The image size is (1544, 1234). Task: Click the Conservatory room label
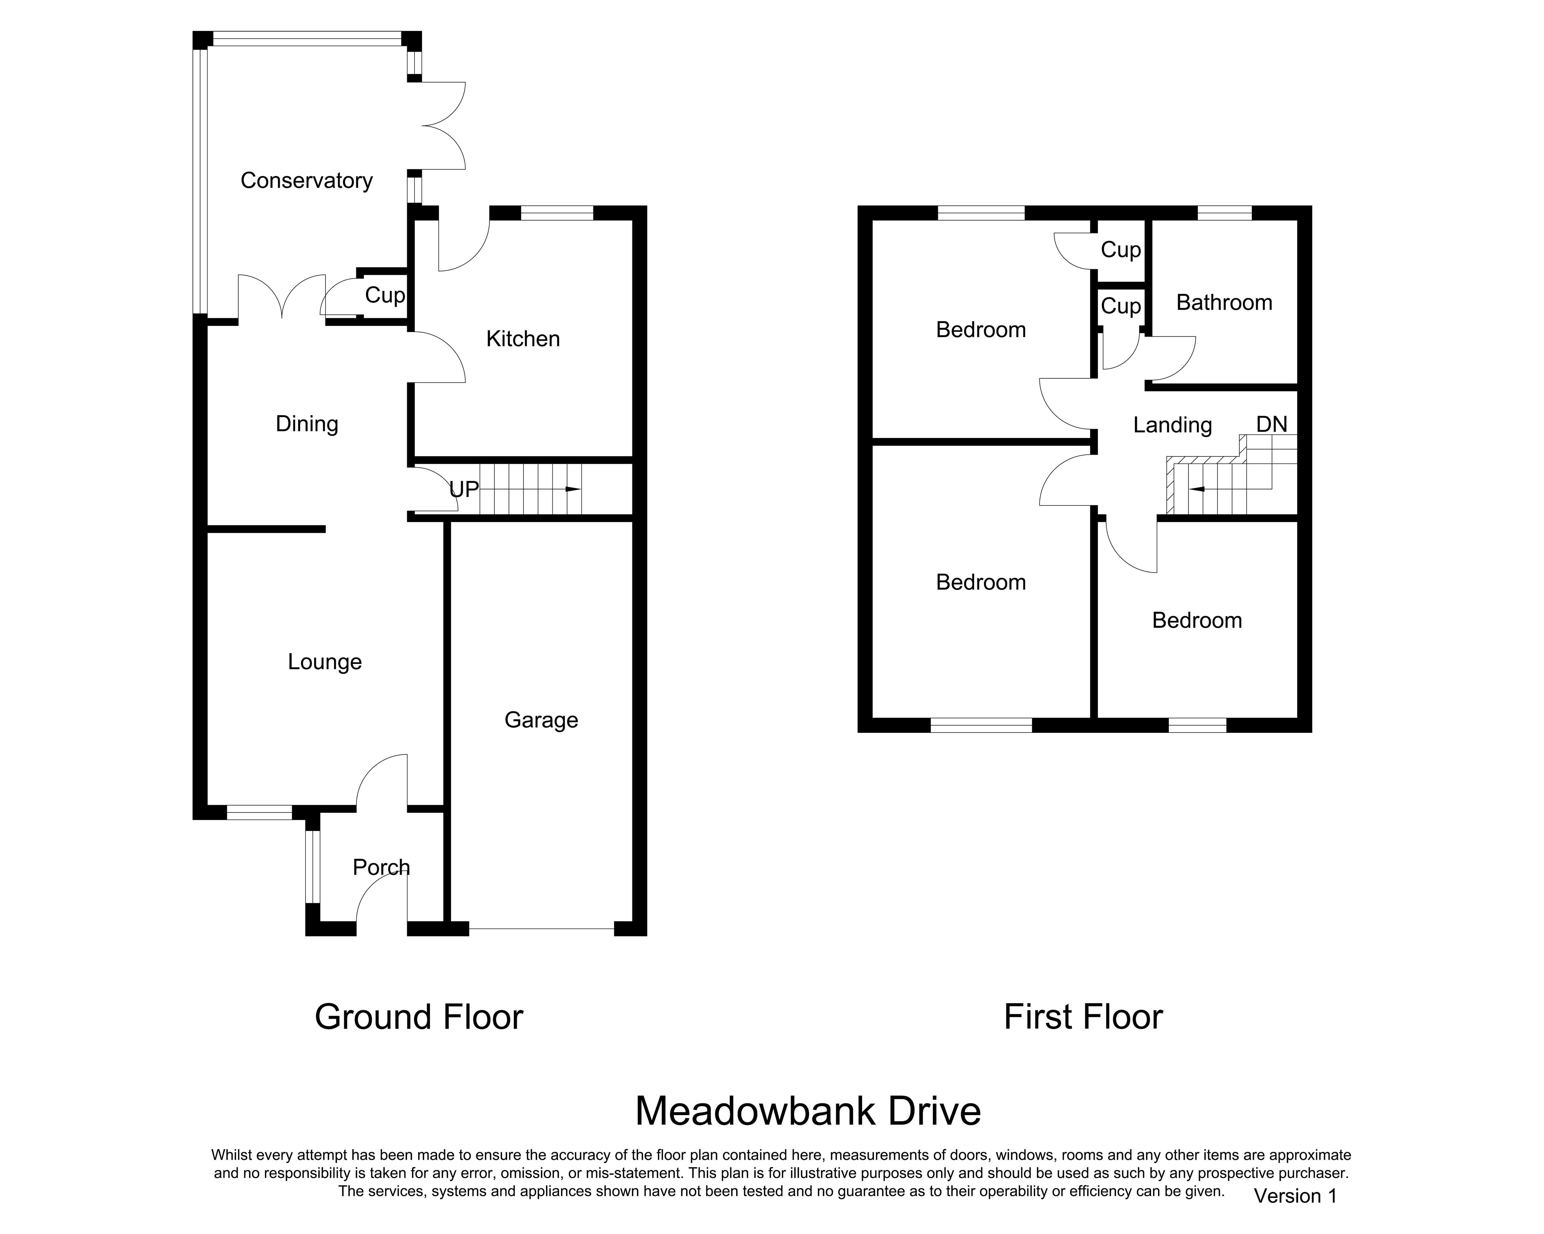coord(307,180)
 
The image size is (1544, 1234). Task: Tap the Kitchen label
coord(523,339)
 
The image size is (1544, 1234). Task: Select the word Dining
coord(307,424)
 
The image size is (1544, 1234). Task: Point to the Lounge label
coord(325,662)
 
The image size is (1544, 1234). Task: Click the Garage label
coord(541,720)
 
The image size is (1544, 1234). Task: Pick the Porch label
coord(381,867)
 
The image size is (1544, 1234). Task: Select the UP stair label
coord(464,490)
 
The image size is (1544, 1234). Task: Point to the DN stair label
coord(1272,424)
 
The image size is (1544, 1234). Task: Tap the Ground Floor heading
coord(419,1017)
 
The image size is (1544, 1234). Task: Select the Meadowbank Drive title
coord(808,1111)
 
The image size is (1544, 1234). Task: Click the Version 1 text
coord(1295,1196)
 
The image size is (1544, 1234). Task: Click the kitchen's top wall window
coord(557,213)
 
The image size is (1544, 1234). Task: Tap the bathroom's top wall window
coord(1225,213)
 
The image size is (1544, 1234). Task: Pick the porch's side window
coord(312,867)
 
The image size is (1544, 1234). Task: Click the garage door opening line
coord(541,929)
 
